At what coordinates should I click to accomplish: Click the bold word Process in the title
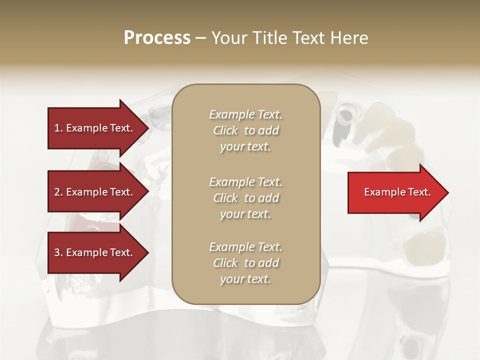pos(157,38)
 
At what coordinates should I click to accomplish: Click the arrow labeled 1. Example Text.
pos(95,128)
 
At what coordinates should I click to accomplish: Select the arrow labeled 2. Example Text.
pos(95,192)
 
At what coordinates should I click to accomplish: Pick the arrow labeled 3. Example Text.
pos(95,252)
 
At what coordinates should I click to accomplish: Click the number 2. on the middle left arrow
pos(58,192)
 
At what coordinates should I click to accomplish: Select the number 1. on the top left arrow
pos(58,128)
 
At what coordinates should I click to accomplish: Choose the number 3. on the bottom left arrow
pos(58,252)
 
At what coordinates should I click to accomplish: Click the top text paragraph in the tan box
pos(245,130)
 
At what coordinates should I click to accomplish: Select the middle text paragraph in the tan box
pos(245,198)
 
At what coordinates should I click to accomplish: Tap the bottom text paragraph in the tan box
pos(245,263)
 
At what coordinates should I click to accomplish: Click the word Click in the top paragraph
pos(225,130)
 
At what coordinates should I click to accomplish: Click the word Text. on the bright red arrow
pos(417,192)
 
